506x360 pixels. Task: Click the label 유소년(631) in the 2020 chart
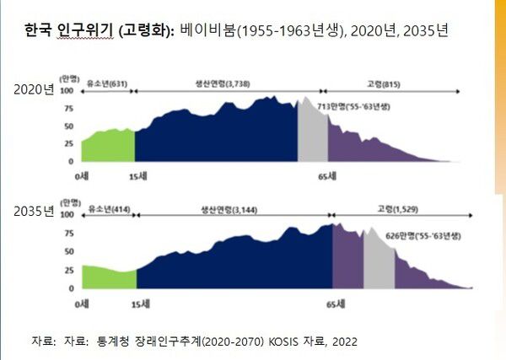coord(106,85)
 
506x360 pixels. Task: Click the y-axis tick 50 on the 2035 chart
coord(68,250)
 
